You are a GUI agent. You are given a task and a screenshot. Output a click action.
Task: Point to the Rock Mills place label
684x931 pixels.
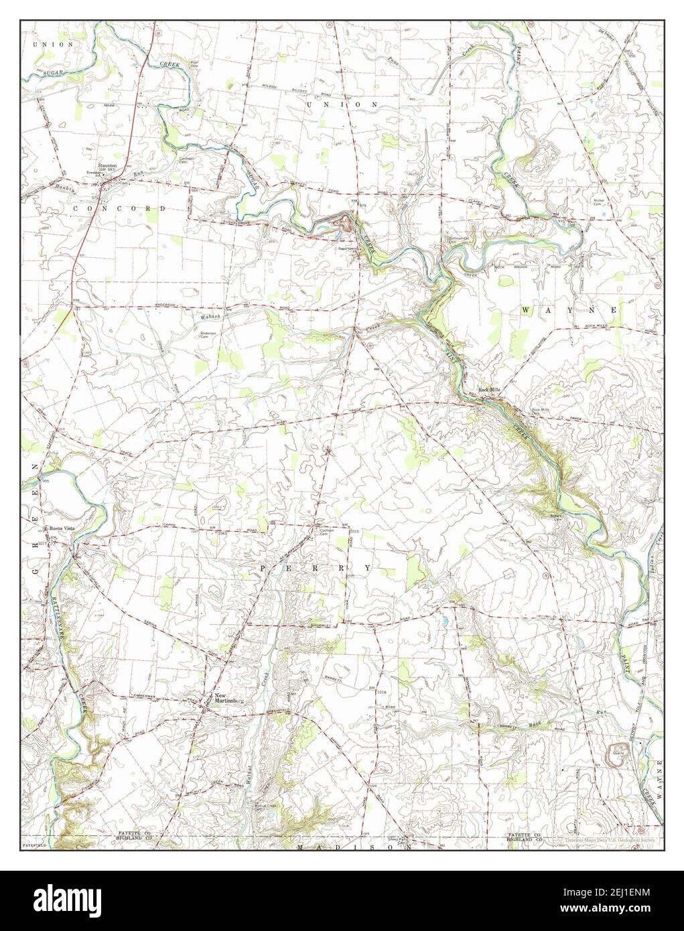(x=489, y=389)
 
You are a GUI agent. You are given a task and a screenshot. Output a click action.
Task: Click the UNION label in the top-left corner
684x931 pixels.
(x=48, y=44)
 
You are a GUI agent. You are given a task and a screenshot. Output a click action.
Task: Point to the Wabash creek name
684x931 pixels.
(x=209, y=317)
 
